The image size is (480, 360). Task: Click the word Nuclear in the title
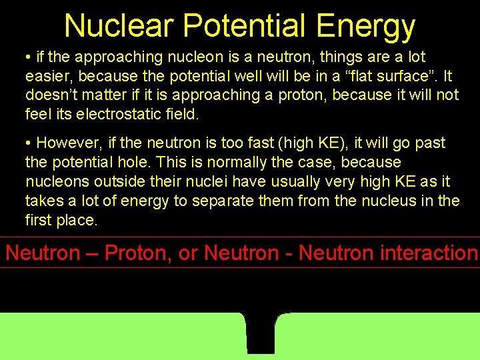[x=119, y=26]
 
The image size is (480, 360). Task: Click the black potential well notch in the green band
[x=261, y=333]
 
